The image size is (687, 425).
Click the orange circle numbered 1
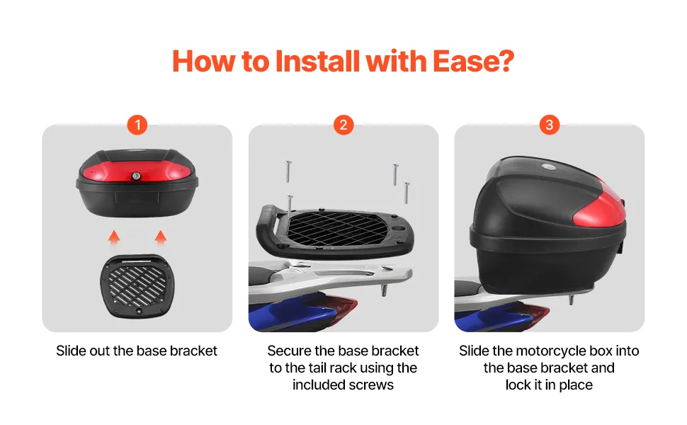pos(137,125)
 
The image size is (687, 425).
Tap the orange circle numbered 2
pos(343,125)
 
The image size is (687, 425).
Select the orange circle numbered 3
pos(550,125)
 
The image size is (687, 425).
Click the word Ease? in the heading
pos(473,61)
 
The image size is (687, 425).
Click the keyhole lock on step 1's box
pos(137,176)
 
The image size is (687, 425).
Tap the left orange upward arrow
pos(114,238)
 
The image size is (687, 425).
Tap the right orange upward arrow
pos(160,238)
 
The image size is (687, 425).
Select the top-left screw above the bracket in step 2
pos(288,171)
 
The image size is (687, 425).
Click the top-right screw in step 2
pos(394,174)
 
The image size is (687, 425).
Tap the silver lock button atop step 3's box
pos(547,166)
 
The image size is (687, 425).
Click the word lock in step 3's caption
pos(518,385)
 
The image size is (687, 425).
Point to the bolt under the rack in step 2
pos(385,290)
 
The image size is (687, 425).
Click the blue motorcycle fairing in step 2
pos(289,314)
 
